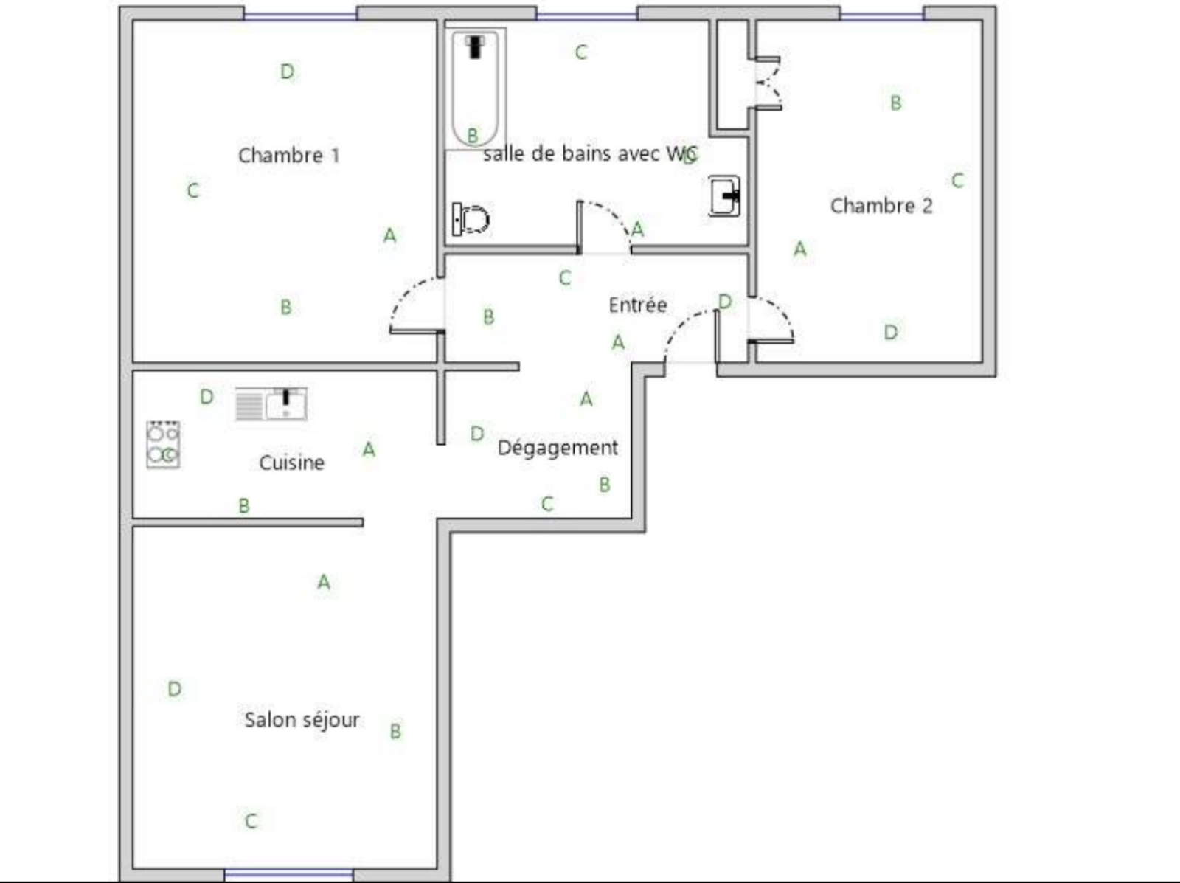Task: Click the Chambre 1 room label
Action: [x=289, y=156]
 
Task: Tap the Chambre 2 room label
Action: [x=881, y=205]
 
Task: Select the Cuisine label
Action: [x=292, y=463]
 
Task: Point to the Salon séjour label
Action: [x=302, y=720]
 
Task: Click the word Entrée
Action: [x=638, y=305]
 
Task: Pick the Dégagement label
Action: [x=558, y=448]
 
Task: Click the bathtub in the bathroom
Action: [x=475, y=89]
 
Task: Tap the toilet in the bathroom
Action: [x=471, y=219]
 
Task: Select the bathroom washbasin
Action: [x=724, y=195]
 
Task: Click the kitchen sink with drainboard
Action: [x=271, y=404]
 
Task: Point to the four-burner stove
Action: [x=164, y=444]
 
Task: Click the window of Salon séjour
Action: [x=288, y=875]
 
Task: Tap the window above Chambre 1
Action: [x=300, y=15]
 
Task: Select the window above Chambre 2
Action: [x=881, y=15]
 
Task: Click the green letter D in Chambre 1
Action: [x=288, y=72]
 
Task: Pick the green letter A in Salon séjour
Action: [x=324, y=582]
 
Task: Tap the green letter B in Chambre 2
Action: [x=895, y=103]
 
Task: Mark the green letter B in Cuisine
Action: [x=244, y=505]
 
